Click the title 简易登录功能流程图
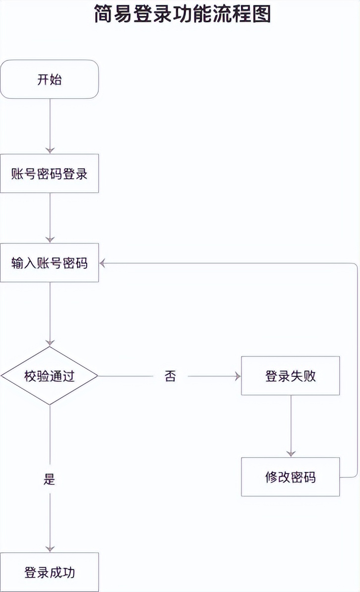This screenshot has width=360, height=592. coord(182,14)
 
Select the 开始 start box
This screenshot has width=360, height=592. coord(50,79)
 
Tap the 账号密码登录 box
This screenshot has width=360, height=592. coord(50,174)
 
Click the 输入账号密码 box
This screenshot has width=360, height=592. coord(50,263)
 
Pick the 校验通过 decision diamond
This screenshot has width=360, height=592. coord(50,376)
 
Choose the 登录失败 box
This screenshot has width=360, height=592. coord(291,376)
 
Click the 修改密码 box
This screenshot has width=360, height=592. coord(291,477)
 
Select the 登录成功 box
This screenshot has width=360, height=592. coord(50,572)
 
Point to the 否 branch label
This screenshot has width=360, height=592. coord(170,376)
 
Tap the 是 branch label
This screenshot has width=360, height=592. coord(50,479)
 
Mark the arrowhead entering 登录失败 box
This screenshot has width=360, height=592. coord(238,376)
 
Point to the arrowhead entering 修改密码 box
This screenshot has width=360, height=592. coord(291,454)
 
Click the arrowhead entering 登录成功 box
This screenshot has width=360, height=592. coord(50,549)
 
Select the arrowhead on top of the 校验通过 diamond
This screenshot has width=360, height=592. coord(50,343)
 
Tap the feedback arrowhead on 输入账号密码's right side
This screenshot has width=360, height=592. coord(103,263)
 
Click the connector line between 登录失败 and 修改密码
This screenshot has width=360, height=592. coord(291,424)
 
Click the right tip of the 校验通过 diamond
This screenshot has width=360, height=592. coord(97,376)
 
